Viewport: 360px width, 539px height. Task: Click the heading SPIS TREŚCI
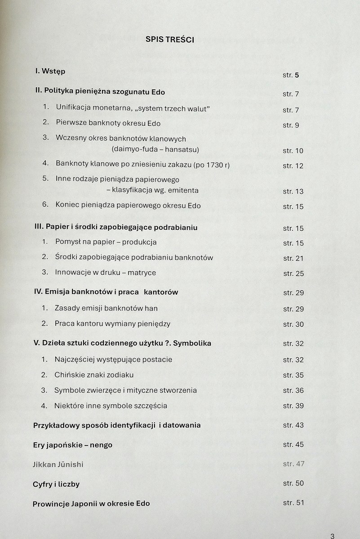(170, 40)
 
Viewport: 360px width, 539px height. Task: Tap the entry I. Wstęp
(50, 71)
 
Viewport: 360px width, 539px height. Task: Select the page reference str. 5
(291, 75)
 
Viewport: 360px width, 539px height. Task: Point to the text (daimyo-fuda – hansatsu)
(155, 150)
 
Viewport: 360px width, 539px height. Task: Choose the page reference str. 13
(293, 191)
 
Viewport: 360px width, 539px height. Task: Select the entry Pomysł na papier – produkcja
(106, 242)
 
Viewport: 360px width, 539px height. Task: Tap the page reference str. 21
(293, 258)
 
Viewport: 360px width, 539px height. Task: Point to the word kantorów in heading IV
(161, 292)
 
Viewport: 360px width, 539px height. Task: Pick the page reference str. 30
(293, 324)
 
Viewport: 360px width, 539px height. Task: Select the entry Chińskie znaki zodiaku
(94, 375)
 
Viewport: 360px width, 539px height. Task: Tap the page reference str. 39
(293, 406)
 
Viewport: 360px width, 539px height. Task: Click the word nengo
(101, 445)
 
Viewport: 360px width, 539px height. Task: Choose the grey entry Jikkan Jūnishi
(58, 464)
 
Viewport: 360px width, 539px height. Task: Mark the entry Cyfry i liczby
(56, 485)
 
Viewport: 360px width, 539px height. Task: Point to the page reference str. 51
(293, 503)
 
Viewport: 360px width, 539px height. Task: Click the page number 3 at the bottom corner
(332, 535)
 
